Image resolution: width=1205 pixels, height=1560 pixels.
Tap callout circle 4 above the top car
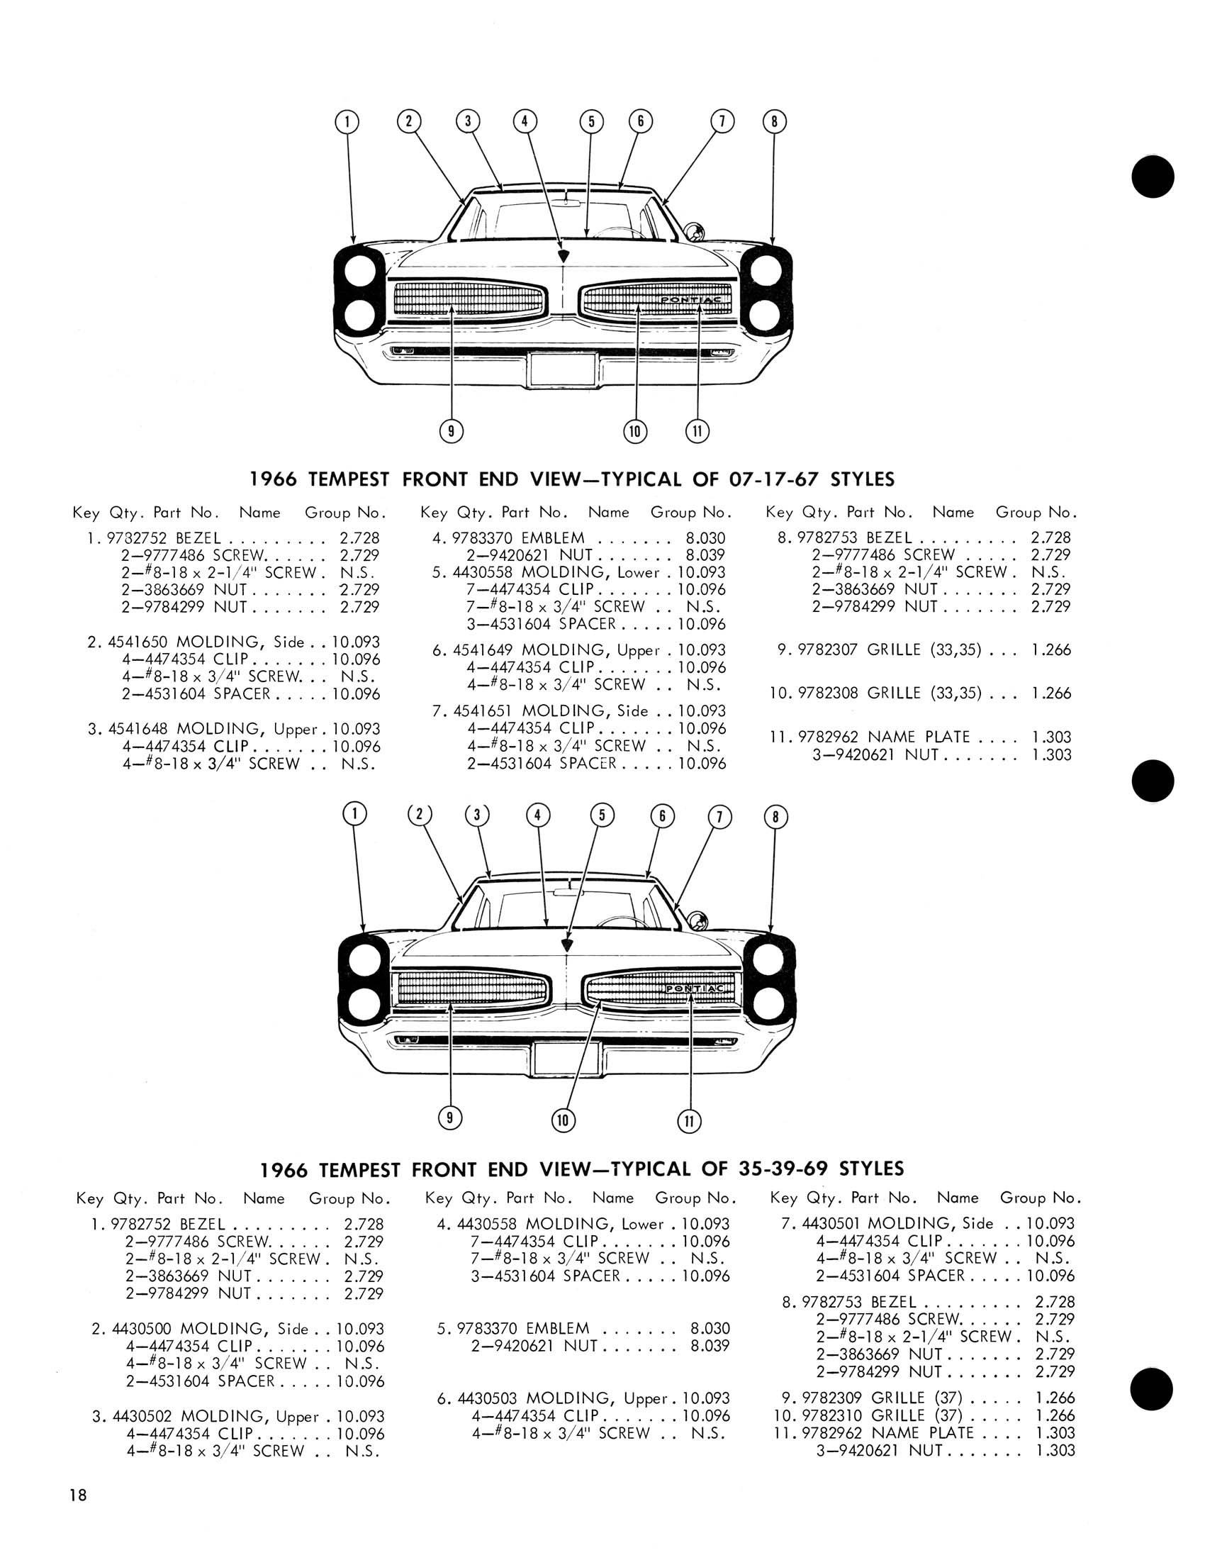tap(525, 121)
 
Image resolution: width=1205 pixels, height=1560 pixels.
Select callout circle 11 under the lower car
tap(689, 1120)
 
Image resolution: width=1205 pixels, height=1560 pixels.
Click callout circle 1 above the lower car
tap(355, 813)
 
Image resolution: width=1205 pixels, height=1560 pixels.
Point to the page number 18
tap(78, 1492)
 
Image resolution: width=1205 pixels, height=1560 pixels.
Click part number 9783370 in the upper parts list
tap(483, 538)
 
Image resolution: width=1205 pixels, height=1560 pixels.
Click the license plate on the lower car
tap(566, 1059)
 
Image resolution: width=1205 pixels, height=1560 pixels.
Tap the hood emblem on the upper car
tap(564, 255)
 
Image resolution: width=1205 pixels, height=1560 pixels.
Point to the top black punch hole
tap(1153, 177)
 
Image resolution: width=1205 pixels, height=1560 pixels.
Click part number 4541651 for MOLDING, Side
tap(483, 711)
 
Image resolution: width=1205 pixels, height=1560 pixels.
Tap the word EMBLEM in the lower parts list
tap(558, 1329)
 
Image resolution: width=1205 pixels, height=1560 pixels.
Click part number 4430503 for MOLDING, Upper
tap(488, 1398)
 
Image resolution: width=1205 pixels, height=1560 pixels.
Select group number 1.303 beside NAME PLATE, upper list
tap(1050, 737)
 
